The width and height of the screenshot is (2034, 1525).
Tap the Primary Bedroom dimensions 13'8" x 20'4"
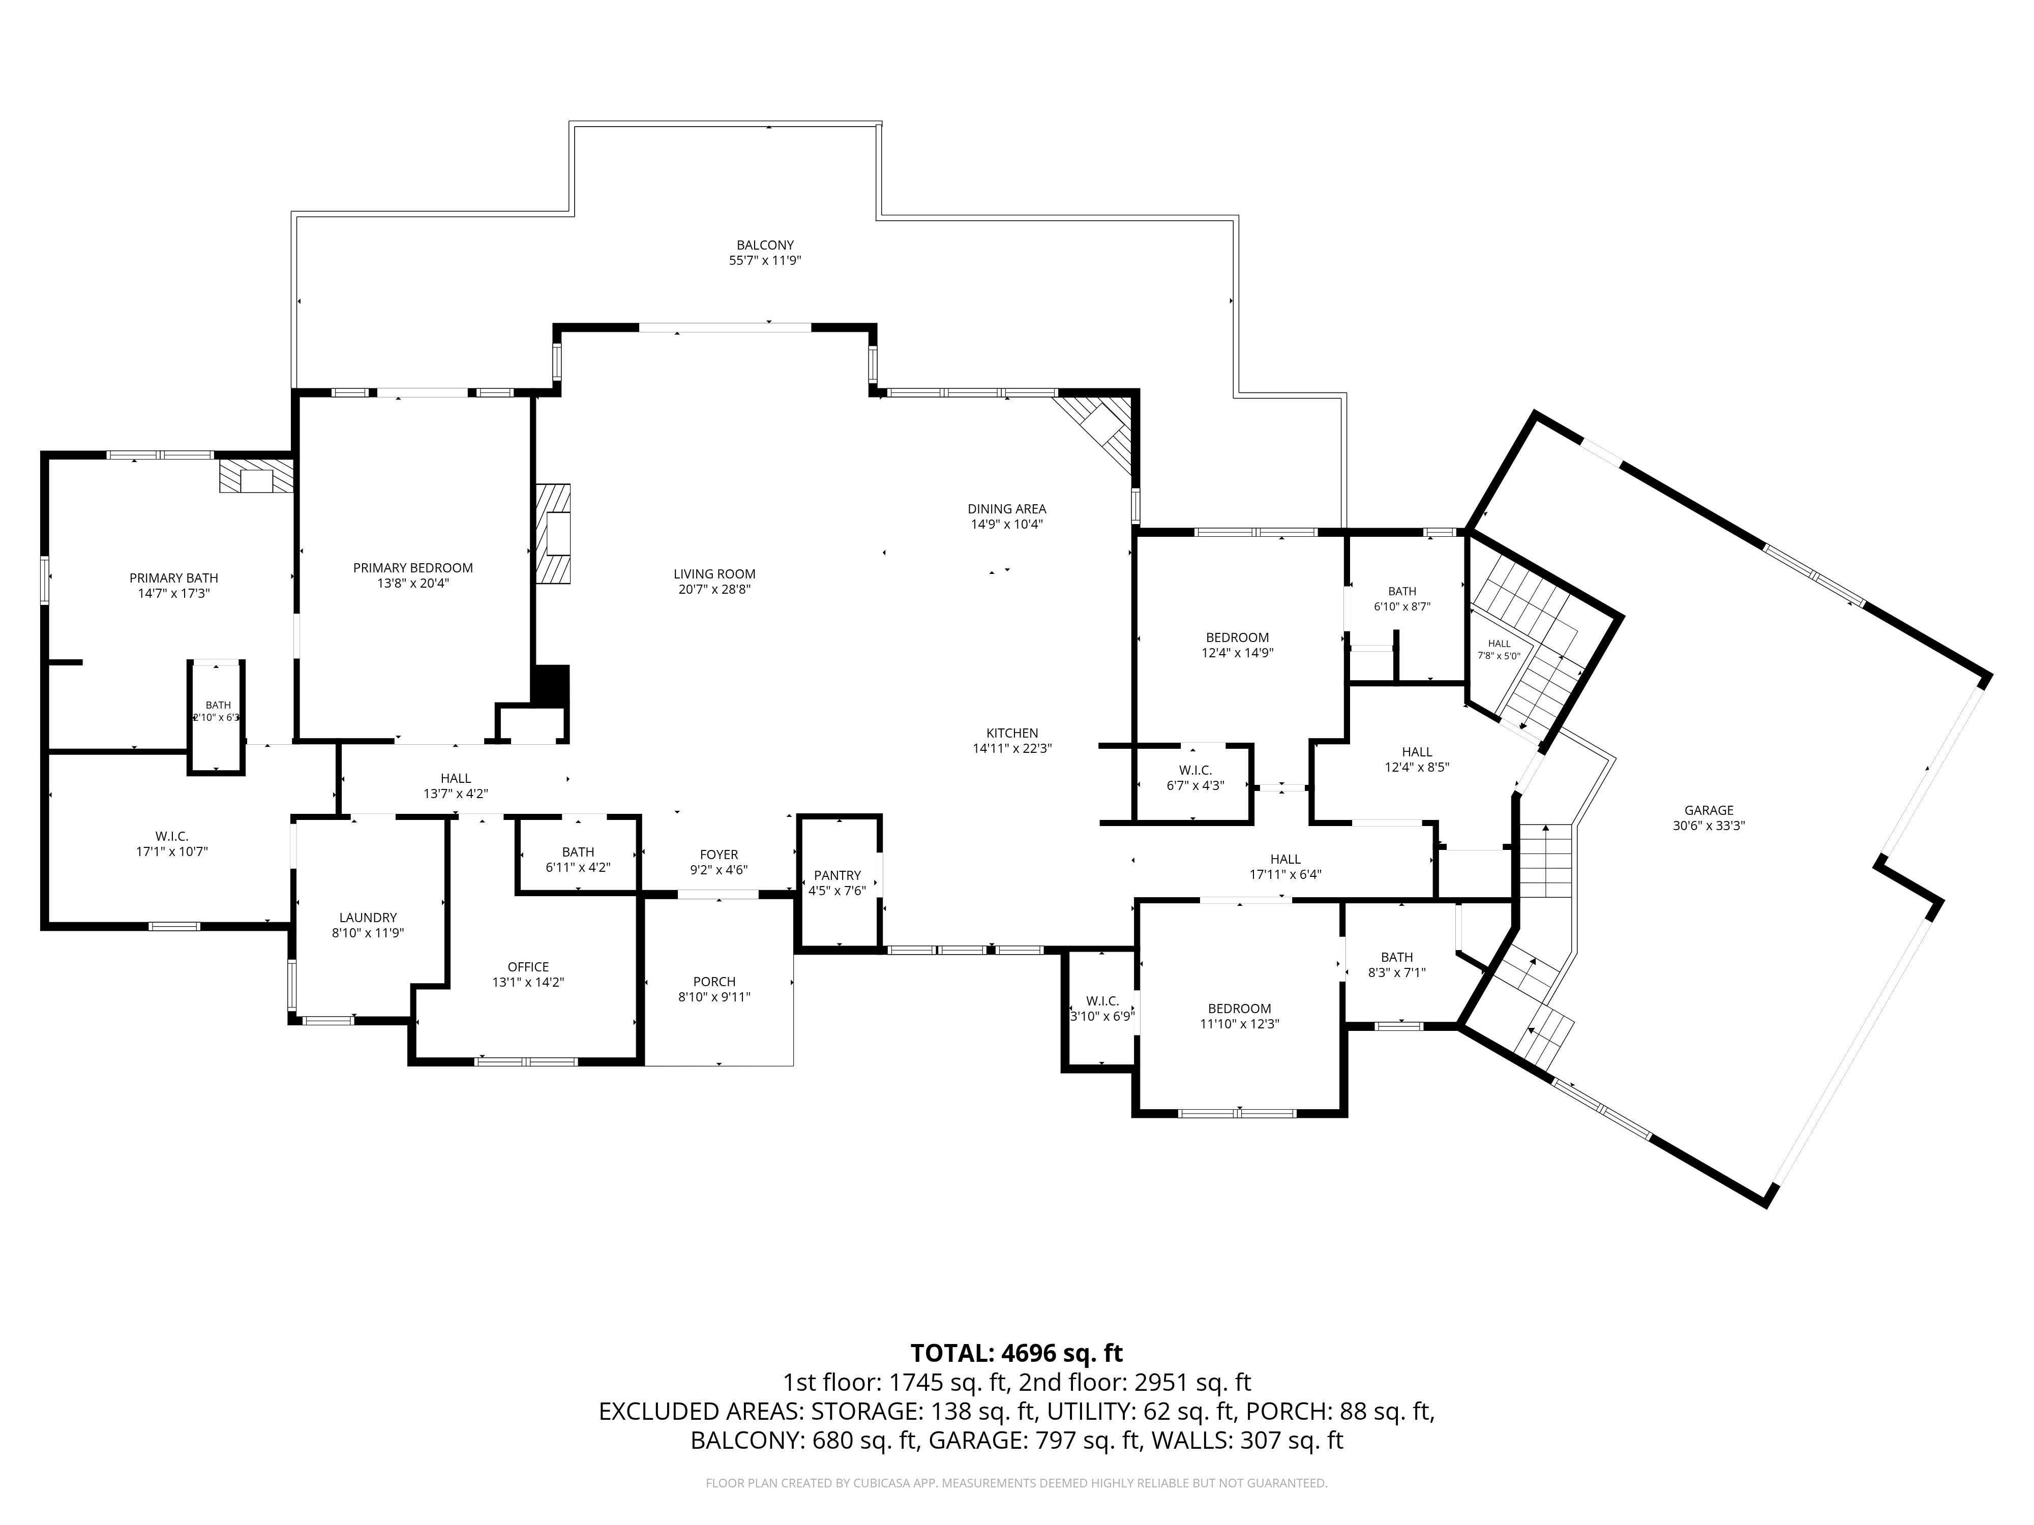413,583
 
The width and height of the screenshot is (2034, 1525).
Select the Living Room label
714,573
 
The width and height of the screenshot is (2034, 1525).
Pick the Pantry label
837,875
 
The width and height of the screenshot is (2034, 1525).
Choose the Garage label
1709,810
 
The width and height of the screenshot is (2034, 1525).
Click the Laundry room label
368,918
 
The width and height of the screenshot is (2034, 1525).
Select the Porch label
714,982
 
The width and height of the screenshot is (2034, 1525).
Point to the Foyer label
719,855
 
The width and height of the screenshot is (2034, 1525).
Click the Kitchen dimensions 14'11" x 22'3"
1012,748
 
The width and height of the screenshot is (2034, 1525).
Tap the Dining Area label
1007,508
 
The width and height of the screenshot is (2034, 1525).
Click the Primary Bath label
174,578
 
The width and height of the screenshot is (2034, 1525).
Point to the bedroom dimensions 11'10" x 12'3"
1240,1023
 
